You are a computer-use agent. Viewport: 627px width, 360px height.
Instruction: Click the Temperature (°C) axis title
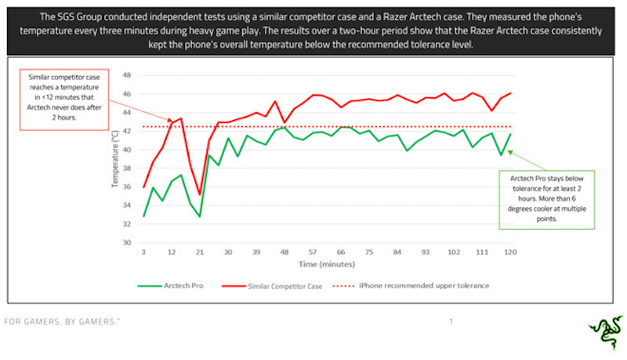(x=115, y=160)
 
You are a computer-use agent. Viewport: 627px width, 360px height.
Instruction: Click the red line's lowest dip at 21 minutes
(x=200, y=194)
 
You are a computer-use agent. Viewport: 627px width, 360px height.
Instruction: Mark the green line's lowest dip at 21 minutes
(x=200, y=216)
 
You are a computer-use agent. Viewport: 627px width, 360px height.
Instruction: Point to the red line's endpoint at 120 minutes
(x=510, y=93)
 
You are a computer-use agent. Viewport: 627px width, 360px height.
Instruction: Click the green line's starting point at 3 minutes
(x=144, y=216)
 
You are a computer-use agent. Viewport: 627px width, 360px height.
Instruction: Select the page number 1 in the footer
(x=451, y=322)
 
